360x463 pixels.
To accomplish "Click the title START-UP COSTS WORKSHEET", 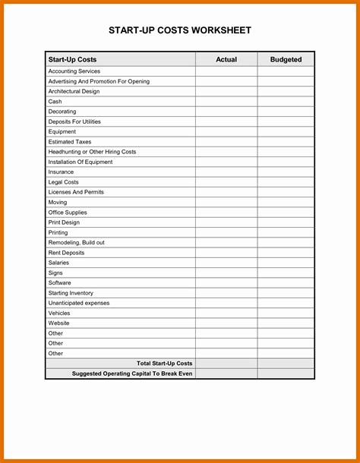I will [x=180, y=30].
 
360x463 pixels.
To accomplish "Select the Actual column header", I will [x=226, y=59].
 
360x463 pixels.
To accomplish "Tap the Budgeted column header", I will [x=286, y=59].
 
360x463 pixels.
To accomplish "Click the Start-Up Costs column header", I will [x=72, y=59].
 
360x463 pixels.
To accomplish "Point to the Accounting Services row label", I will [x=74, y=71].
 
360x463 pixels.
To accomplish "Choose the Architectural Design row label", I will [x=74, y=91].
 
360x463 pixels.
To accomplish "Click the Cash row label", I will [x=55, y=102].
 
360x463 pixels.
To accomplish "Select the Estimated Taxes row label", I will [x=69, y=142].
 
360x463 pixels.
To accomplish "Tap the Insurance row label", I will [x=61, y=172].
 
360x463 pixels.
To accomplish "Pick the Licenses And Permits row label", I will [x=76, y=192].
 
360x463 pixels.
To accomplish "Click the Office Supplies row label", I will [x=67, y=213].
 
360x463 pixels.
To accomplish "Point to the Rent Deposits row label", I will [x=66, y=253].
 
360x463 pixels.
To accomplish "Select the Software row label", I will [x=59, y=282].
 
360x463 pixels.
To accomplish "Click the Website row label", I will [x=58, y=323].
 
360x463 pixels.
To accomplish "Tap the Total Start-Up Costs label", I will [x=164, y=364].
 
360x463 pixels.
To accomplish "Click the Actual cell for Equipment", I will [x=226, y=131].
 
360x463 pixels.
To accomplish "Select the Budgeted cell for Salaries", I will [x=286, y=263].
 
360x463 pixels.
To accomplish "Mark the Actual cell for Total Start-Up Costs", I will [x=226, y=364].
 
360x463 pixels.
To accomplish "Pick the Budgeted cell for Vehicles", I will [x=286, y=313].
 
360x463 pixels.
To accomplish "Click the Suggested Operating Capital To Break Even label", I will [x=132, y=373].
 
